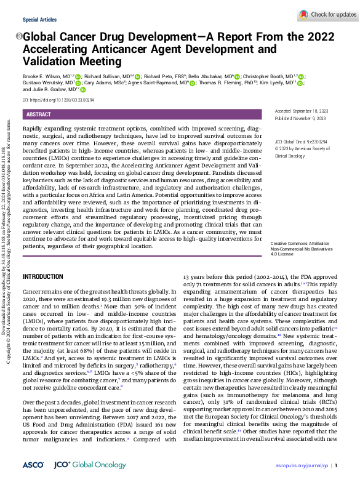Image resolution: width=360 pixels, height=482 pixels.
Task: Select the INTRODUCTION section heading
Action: [47, 277]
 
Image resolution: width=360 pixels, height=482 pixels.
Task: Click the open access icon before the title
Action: [18, 37]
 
